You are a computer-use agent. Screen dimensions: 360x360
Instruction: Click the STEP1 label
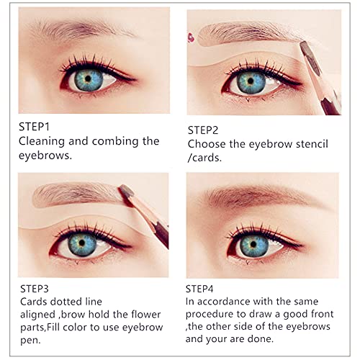point(33,125)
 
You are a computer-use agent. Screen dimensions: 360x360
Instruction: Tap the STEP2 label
point(203,130)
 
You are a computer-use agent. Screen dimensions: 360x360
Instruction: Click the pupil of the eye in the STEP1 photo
point(89,76)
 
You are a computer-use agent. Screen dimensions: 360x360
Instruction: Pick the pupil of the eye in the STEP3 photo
point(81,242)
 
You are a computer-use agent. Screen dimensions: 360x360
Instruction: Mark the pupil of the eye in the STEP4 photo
point(253,241)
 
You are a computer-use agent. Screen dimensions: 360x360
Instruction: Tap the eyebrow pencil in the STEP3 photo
point(148,212)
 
